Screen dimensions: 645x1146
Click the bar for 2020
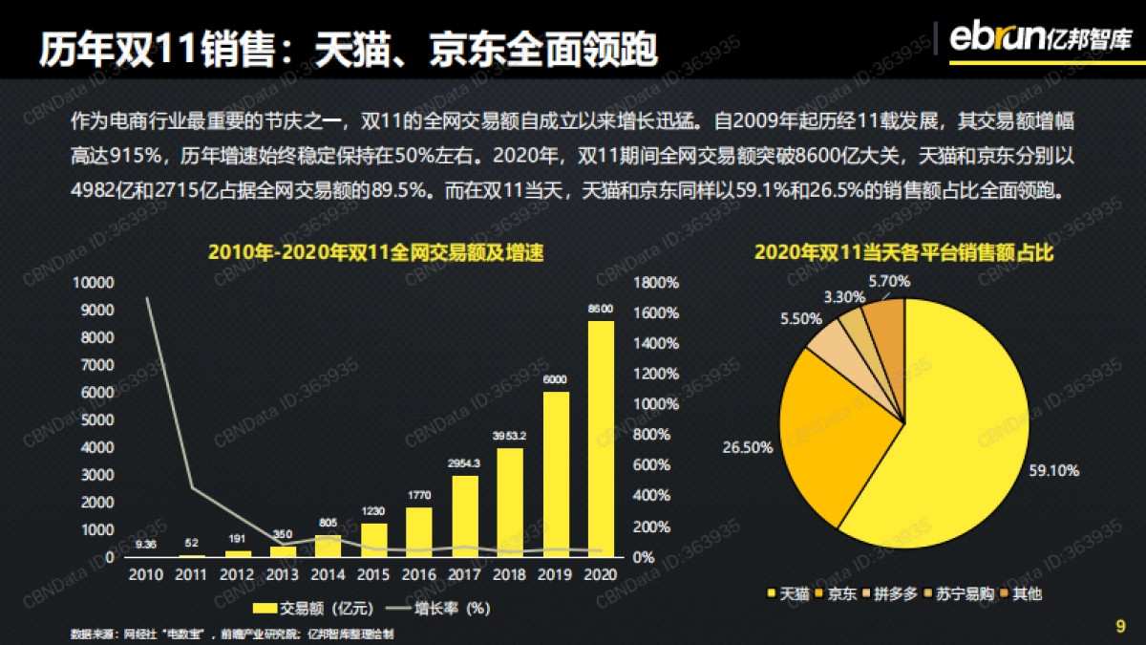pyautogui.click(x=601, y=439)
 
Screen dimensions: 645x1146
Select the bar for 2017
pyautogui.click(x=465, y=516)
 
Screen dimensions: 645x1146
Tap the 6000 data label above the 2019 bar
pyautogui.click(x=556, y=379)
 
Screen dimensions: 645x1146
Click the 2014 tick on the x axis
pyautogui.click(x=328, y=574)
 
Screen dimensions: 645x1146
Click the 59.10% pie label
pyautogui.click(x=1053, y=470)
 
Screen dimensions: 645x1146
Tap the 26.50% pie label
pyautogui.click(x=748, y=447)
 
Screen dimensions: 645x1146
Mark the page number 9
pyautogui.click(x=1120, y=627)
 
